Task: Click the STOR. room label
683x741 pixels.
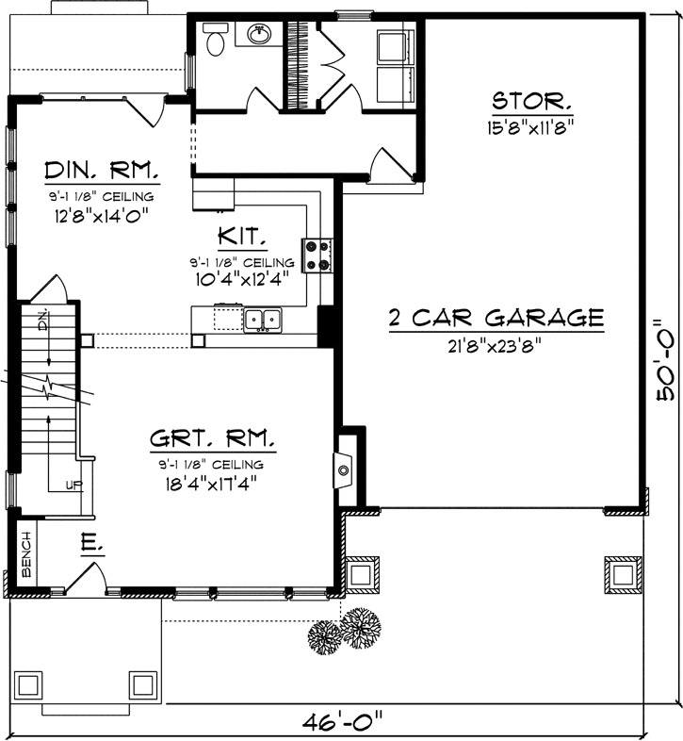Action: click(x=530, y=101)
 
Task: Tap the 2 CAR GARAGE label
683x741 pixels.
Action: click(x=496, y=317)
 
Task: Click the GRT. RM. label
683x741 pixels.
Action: click(x=211, y=439)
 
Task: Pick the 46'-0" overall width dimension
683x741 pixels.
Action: click(x=342, y=723)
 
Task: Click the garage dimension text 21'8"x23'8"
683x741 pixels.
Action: click(x=496, y=345)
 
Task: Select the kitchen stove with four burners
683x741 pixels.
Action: click(x=318, y=254)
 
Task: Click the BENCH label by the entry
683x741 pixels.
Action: click(x=26, y=554)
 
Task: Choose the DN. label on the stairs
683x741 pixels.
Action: click(x=42, y=320)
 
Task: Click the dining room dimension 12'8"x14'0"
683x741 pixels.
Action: click(x=103, y=214)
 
